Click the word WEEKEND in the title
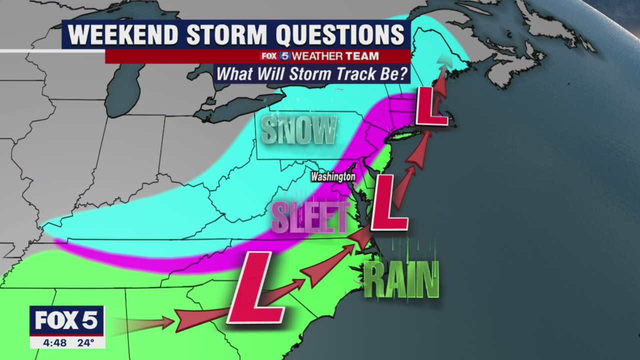click(x=123, y=34)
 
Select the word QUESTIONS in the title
click(x=340, y=34)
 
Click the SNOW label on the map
click(x=299, y=130)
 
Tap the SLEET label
click(x=310, y=217)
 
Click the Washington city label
click(x=332, y=176)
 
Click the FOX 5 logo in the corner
click(x=66, y=320)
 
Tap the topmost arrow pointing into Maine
click(x=442, y=62)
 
